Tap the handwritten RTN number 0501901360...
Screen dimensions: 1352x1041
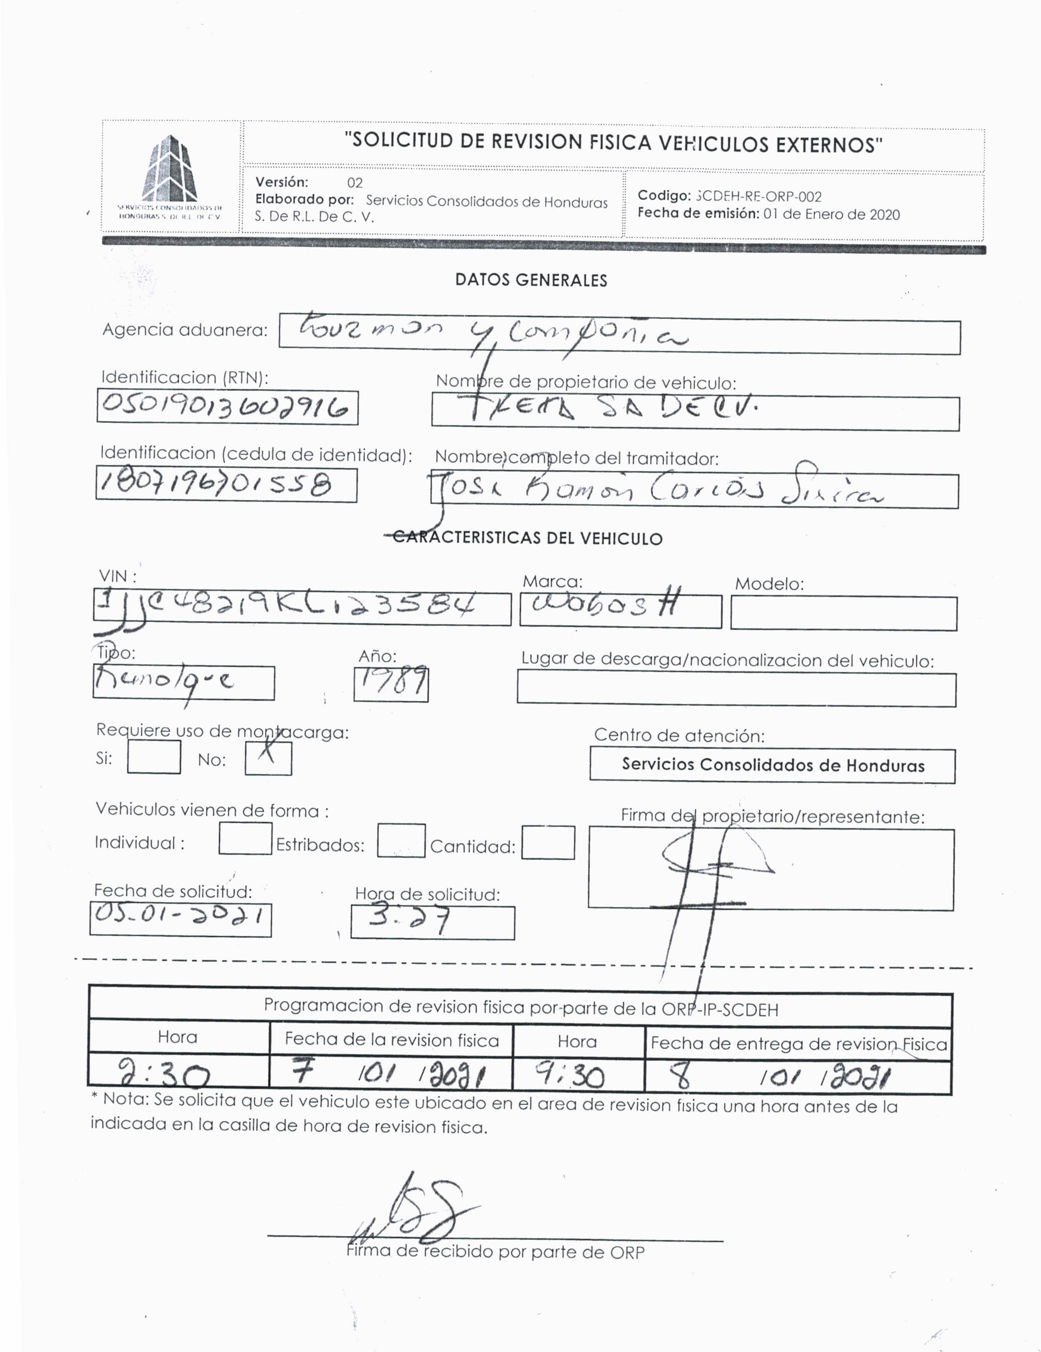point(227,407)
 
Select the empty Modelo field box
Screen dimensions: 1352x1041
point(843,613)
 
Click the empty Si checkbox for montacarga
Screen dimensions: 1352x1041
point(153,756)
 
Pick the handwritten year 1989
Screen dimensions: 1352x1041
point(391,684)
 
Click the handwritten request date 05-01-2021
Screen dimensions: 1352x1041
point(180,919)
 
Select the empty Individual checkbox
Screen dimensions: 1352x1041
point(245,838)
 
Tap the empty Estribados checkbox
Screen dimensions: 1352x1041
point(401,840)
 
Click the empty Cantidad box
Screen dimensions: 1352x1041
point(548,842)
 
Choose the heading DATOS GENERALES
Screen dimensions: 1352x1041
point(531,280)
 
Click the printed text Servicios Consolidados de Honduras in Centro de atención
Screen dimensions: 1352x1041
point(772,765)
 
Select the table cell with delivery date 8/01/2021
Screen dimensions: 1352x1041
point(797,1078)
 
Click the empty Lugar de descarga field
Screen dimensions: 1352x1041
point(736,689)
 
